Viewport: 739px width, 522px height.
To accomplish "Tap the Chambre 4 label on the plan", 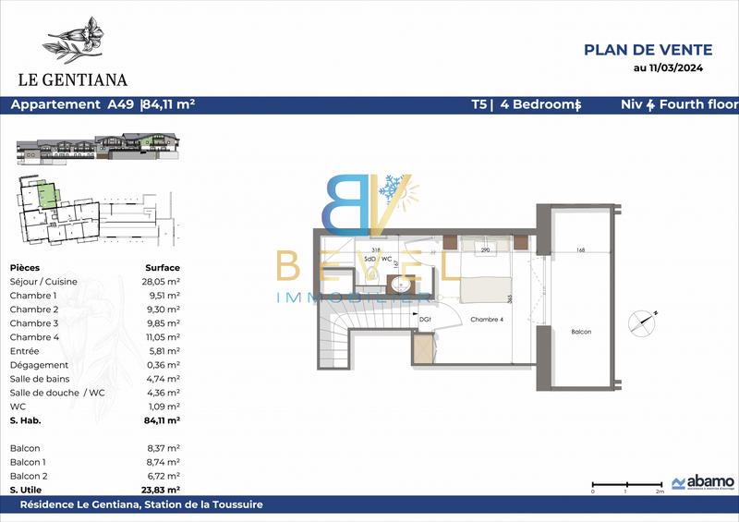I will pos(486,320).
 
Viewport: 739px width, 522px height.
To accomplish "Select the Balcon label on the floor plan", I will pos(581,332).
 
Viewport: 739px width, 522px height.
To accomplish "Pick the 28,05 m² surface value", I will pos(161,281).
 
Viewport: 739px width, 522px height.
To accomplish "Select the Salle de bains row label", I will pos(39,378).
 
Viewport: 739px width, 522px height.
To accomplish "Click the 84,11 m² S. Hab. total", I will pos(161,419).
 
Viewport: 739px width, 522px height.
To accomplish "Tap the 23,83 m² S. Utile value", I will pos(161,489).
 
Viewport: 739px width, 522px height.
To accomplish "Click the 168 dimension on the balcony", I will pos(579,249).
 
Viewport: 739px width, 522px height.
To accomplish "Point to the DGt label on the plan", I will pos(426,320).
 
